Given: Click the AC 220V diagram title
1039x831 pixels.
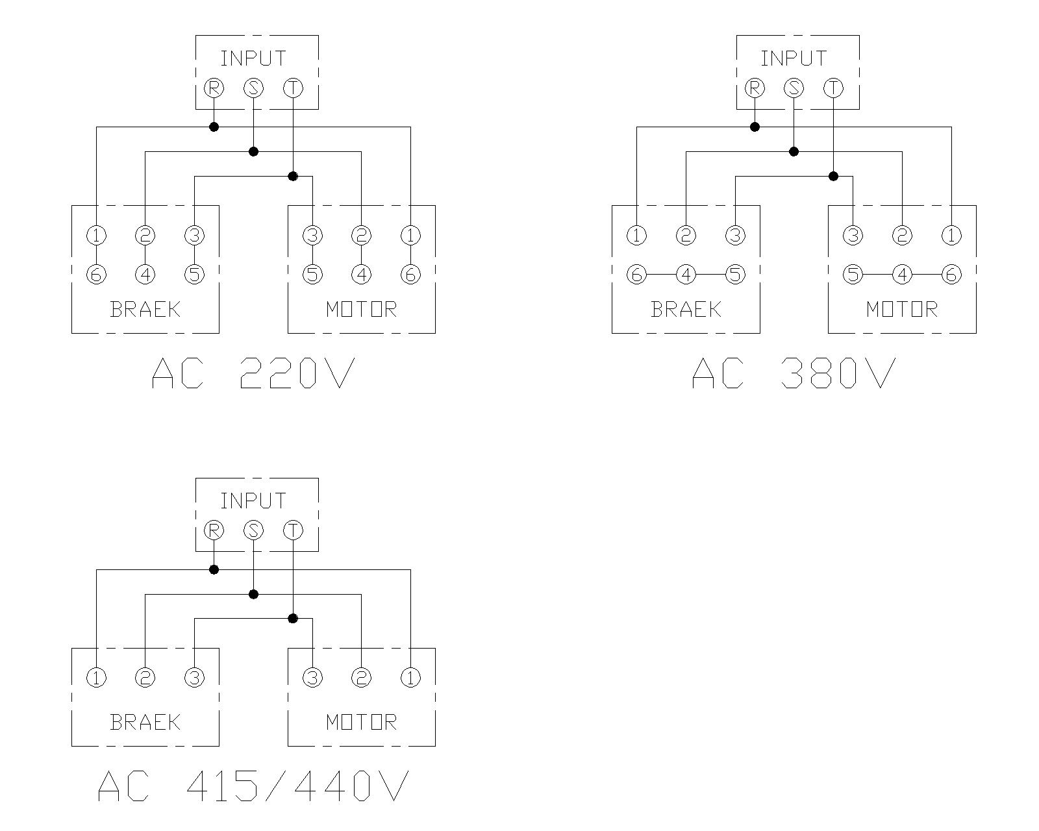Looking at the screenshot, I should pyautogui.click(x=253, y=373).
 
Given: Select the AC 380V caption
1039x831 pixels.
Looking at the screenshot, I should pyautogui.click(x=794, y=373).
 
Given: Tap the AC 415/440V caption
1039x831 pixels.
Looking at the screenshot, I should pyautogui.click(x=253, y=786).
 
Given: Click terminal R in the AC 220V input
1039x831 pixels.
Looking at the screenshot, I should pyautogui.click(x=214, y=88).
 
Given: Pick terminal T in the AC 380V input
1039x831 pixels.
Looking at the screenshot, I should pyautogui.click(x=833, y=88).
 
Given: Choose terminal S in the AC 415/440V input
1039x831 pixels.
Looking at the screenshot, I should pyautogui.click(x=253, y=530).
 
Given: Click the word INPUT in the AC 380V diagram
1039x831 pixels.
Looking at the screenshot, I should pyautogui.click(x=794, y=58).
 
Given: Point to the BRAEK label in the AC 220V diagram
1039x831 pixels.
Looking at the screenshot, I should pyautogui.click(x=145, y=309).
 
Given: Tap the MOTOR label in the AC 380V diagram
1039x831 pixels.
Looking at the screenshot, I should pyautogui.click(x=902, y=309).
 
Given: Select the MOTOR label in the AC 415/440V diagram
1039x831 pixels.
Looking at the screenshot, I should pyautogui.click(x=361, y=722).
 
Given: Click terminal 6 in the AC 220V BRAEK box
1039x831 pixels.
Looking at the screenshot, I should pyautogui.click(x=96, y=275).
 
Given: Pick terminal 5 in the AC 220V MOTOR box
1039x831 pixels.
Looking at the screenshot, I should pyautogui.click(x=312, y=275).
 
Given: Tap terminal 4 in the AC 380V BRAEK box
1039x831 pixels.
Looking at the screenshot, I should pyautogui.click(x=686, y=275).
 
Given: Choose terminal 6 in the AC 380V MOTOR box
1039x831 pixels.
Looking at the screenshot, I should pyautogui.click(x=951, y=275).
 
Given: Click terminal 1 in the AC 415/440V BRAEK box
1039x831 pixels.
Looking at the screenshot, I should pyautogui.click(x=96, y=678).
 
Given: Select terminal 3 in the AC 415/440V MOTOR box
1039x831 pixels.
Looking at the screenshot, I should pyautogui.click(x=312, y=678).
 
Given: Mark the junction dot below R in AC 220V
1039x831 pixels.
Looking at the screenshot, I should pyautogui.click(x=214, y=127).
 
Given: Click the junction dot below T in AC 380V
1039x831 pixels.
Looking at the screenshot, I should pyautogui.click(x=833, y=176).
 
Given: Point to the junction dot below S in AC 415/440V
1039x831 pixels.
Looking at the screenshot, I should pyautogui.click(x=253, y=594).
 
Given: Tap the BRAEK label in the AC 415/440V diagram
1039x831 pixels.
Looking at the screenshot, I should pyautogui.click(x=145, y=722).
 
